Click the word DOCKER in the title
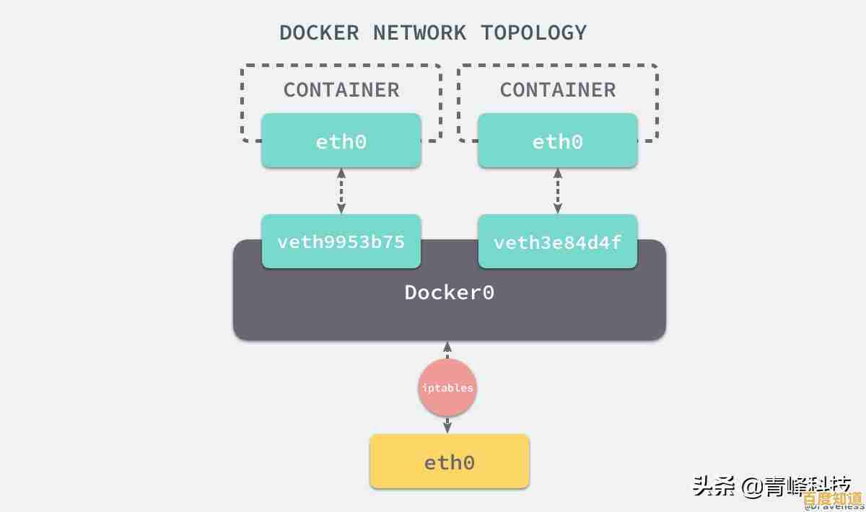click(x=319, y=32)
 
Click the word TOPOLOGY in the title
click(x=534, y=32)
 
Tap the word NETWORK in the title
click(x=419, y=32)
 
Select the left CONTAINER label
click(x=341, y=90)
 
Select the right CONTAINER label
click(x=558, y=90)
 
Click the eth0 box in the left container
click(x=341, y=141)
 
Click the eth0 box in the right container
click(x=558, y=141)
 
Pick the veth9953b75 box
click(x=341, y=242)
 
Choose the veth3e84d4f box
click(x=558, y=242)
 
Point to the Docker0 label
click(x=449, y=292)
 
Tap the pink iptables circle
click(x=447, y=388)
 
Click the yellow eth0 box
click(x=450, y=462)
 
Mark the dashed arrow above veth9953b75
click(x=341, y=191)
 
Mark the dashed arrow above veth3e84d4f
click(x=558, y=191)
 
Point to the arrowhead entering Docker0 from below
click(x=447, y=347)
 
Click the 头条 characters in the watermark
click(x=714, y=485)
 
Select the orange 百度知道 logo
click(x=832, y=498)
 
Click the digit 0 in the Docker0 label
click(x=488, y=292)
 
